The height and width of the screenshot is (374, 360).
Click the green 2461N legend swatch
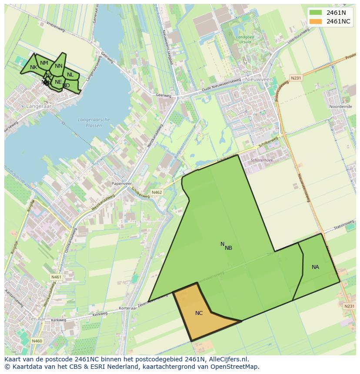click(315, 13)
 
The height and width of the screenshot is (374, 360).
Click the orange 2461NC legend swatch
click(315, 21)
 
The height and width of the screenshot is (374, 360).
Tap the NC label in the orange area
click(199, 313)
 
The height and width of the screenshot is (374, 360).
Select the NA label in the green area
click(315, 267)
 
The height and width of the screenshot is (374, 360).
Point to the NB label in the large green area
click(228, 248)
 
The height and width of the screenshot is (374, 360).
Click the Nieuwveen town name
click(259, 79)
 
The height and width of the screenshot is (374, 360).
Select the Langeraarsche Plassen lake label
click(94, 122)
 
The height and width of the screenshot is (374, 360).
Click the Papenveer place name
click(121, 184)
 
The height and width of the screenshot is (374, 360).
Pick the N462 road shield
click(157, 192)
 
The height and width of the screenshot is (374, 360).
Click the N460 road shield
click(37, 341)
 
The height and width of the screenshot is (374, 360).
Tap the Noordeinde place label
click(340, 106)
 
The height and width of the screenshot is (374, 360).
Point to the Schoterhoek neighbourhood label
click(262, 160)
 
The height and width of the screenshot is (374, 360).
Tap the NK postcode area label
click(33, 67)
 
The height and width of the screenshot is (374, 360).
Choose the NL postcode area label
click(70, 75)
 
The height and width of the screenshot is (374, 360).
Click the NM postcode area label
click(44, 63)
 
